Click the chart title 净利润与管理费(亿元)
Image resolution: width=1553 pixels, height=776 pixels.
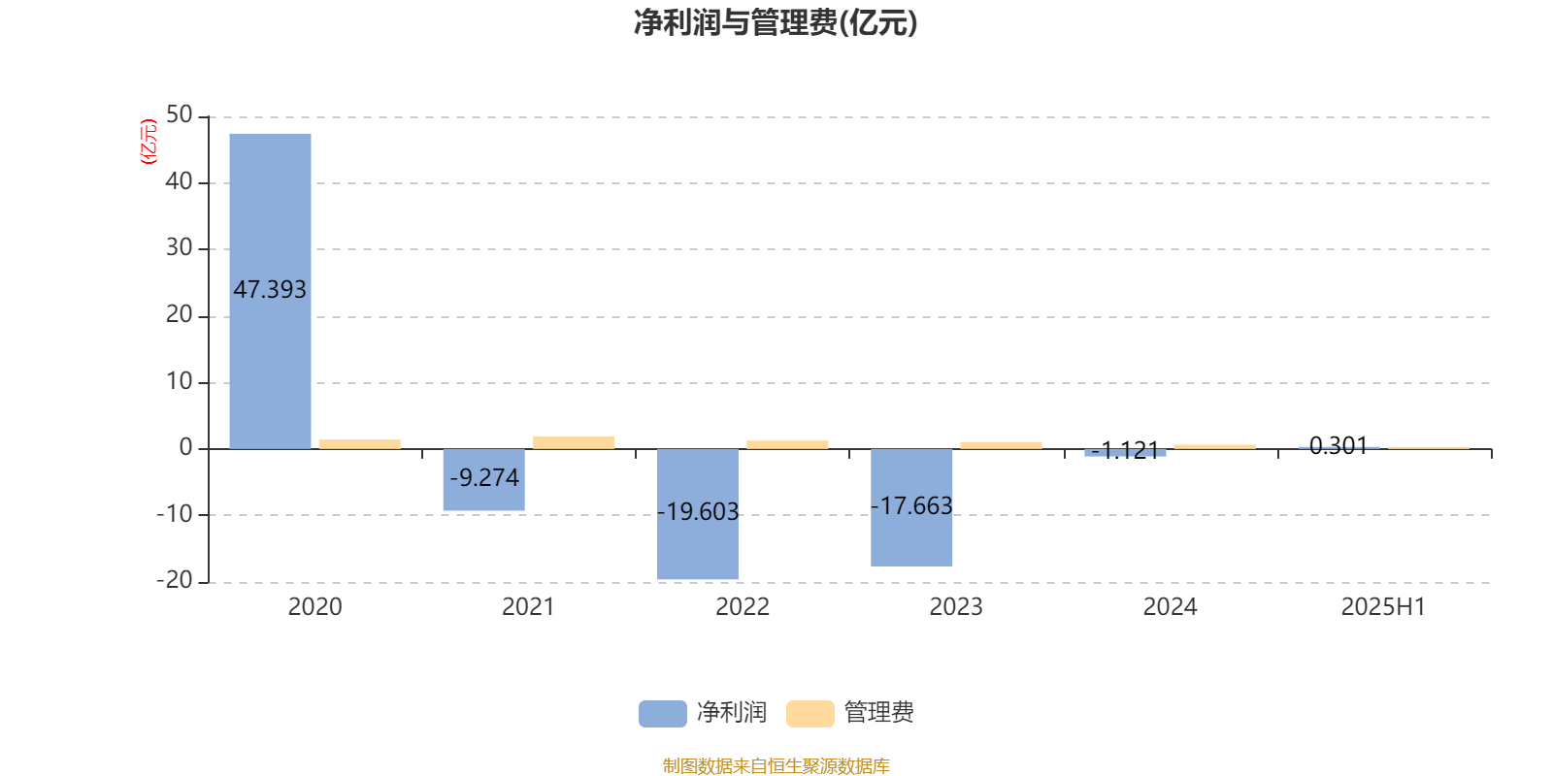(776, 23)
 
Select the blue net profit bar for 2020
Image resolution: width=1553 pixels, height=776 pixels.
(271, 291)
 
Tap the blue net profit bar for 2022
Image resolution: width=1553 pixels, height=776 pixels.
(698, 514)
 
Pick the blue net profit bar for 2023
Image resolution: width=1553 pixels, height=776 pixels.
(911, 508)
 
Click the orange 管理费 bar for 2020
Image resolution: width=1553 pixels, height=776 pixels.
(360, 444)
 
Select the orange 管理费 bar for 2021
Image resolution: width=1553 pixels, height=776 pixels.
(574, 442)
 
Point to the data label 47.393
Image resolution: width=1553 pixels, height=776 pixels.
(270, 290)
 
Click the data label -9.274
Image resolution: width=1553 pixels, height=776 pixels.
(484, 477)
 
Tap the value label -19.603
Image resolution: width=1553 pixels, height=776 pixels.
(698, 511)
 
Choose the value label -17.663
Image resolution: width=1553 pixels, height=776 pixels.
(911, 505)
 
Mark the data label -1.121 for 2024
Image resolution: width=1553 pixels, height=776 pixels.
(1125, 450)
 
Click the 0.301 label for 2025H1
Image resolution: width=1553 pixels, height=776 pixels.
(1338, 445)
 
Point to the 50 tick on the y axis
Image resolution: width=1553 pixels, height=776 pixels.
(180, 115)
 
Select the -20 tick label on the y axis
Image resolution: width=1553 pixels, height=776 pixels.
(175, 580)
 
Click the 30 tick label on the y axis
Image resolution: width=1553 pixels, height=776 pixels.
(180, 247)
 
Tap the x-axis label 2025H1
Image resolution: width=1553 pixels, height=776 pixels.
(1383, 607)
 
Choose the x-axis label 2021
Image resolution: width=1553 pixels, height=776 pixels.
(528, 607)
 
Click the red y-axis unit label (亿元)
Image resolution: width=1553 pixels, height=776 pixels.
(149, 142)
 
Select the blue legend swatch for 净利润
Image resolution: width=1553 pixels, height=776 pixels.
(663, 714)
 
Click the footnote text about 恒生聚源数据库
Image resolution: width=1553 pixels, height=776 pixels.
(776, 765)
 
